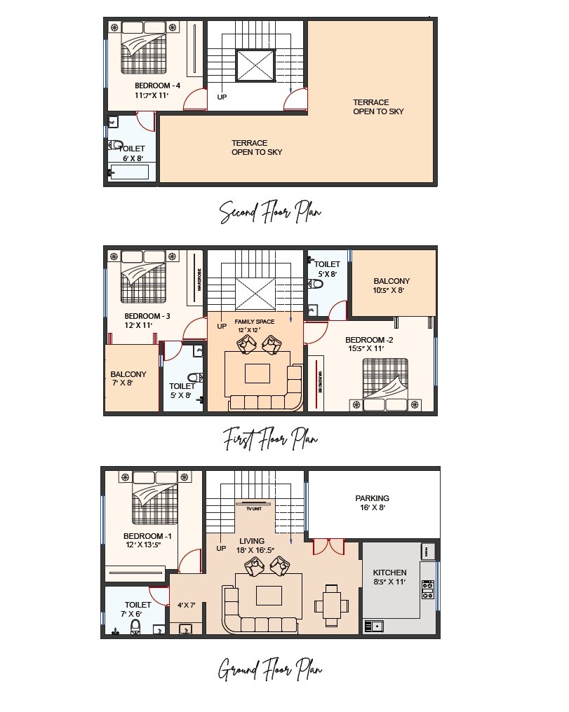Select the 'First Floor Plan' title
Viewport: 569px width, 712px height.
click(x=271, y=439)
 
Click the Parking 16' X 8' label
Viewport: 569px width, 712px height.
click(x=372, y=503)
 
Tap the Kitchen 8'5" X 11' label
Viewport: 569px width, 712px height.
click(x=389, y=577)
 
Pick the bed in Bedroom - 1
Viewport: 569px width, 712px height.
click(x=154, y=498)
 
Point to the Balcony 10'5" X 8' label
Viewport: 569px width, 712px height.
click(x=391, y=285)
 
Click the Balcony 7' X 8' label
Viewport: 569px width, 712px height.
click(x=128, y=379)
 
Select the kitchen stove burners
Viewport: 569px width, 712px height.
click(x=427, y=589)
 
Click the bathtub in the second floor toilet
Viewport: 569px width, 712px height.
click(x=130, y=172)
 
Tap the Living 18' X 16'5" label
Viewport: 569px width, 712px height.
click(x=252, y=546)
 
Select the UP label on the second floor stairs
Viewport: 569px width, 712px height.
click(x=222, y=97)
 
